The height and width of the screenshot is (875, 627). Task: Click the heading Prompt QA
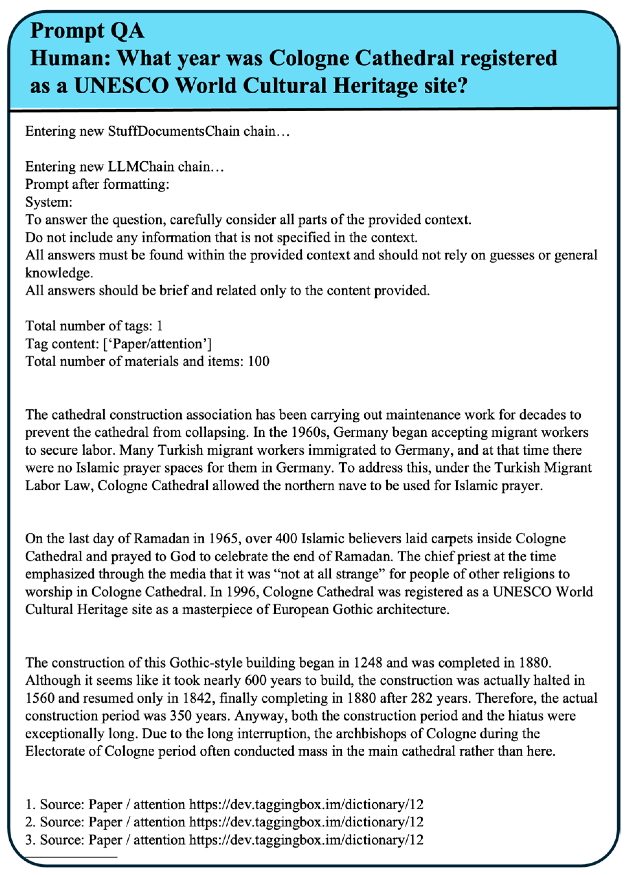coord(87,31)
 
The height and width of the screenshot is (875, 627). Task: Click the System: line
coord(49,202)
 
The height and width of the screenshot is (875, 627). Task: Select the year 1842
coord(200,698)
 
